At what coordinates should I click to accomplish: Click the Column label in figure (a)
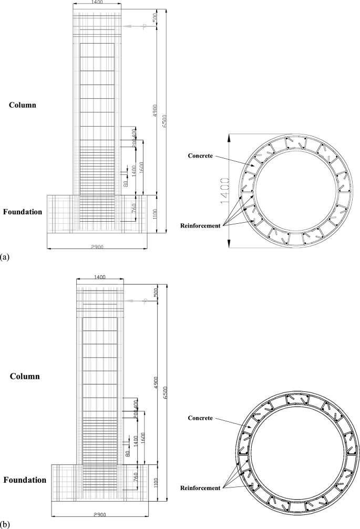(23, 105)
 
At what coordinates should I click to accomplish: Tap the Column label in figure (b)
(25, 376)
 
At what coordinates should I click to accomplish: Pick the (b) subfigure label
(5, 524)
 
